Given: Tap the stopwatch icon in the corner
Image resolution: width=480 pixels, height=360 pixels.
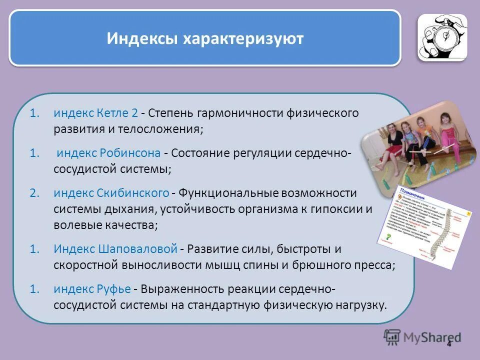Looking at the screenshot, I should (x=442, y=37).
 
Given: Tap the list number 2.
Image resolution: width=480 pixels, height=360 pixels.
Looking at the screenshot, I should (x=34, y=193).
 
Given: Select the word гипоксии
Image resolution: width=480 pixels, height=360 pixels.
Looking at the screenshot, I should (x=338, y=209).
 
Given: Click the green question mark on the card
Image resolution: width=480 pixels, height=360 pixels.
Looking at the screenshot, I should (x=387, y=235).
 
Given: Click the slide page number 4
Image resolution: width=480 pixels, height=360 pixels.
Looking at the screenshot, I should (x=449, y=344).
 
